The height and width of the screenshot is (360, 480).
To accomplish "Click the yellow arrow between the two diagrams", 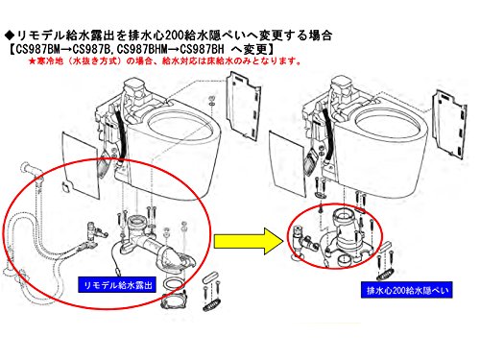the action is (x=248, y=241).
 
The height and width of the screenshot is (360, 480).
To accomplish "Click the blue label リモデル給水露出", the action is (x=117, y=285).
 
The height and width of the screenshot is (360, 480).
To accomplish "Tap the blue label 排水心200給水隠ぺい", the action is (x=406, y=290).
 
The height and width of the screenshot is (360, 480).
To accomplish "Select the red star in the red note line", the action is (x=32, y=61).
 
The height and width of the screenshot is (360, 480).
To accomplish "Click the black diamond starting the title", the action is (x=10, y=35).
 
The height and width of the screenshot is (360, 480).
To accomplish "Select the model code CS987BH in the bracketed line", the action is (x=202, y=49).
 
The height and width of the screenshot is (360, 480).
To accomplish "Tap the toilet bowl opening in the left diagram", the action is (x=180, y=125).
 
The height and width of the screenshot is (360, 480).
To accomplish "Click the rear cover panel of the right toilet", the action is (x=449, y=124).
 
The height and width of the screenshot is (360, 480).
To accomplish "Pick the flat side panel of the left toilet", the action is (x=81, y=165).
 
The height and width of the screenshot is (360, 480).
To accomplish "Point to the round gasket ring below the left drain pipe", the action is (x=174, y=283).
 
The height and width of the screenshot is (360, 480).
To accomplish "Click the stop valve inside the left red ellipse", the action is (x=95, y=233).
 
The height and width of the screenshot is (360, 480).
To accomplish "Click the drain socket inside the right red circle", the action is (x=345, y=235).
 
